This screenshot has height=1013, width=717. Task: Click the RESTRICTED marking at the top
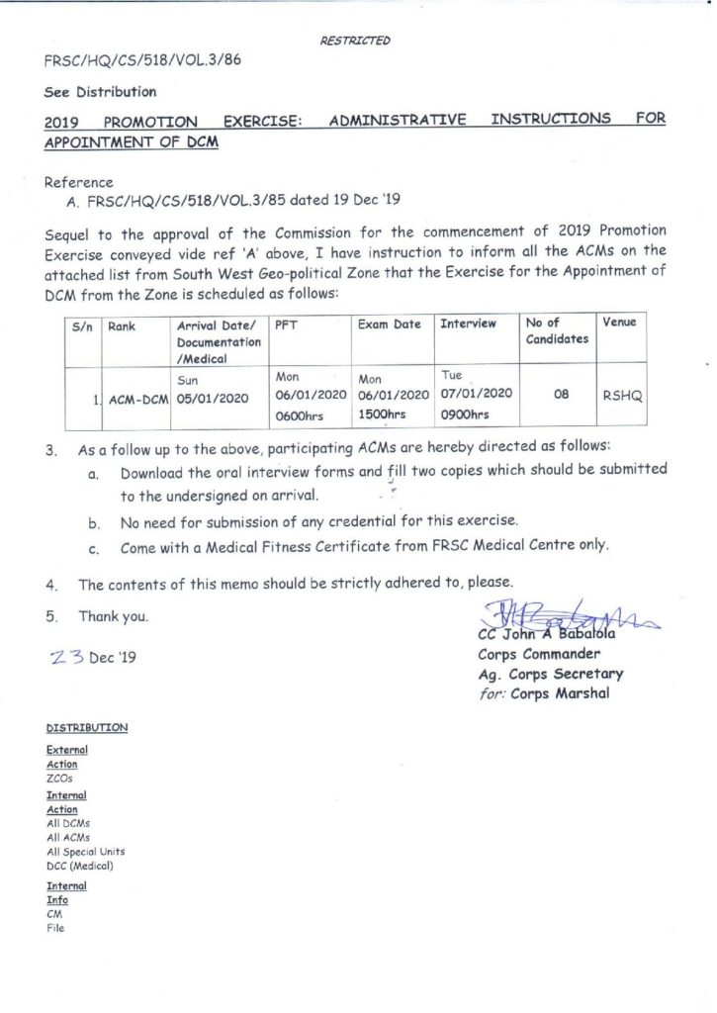pyautogui.click(x=355, y=41)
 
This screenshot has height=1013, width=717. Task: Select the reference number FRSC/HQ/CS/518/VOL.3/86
pyautogui.click(x=142, y=59)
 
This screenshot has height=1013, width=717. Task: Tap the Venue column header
pyautogui.click(x=619, y=322)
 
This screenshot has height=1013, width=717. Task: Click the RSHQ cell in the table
pyautogui.click(x=623, y=395)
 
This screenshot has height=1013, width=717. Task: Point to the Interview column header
pyautogui.click(x=468, y=323)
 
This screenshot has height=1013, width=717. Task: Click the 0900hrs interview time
pyautogui.click(x=465, y=414)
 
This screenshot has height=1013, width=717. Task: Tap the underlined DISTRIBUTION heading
pyautogui.click(x=87, y=728)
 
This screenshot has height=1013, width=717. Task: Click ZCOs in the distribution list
pyautogui.click(x=60, y=779)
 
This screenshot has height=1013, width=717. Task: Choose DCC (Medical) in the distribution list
pyautogui.click(x=80, y=866)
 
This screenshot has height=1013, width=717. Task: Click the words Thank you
pyautogui.click(x=114, y=616)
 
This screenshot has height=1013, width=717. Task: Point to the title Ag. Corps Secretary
pyautogui.click(x=550, y=674)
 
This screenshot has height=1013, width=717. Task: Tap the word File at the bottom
pyautogui.click(x=55, y=929)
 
